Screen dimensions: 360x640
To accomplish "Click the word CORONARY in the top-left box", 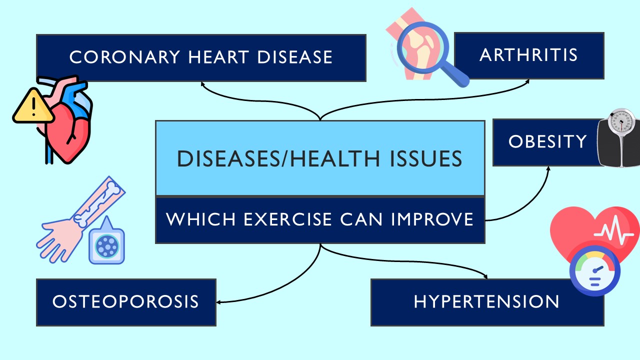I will [124, 57].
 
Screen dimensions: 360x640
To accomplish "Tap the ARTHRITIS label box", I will [528, 55].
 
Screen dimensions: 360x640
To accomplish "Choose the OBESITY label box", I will [547, 142].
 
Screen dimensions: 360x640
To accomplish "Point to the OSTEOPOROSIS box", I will [125, 302].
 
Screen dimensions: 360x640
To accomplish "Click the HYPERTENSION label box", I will [486, 302].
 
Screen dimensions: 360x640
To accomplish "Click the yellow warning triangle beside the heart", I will [33, 106].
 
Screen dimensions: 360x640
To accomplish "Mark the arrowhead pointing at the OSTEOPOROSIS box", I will [219, 302].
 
